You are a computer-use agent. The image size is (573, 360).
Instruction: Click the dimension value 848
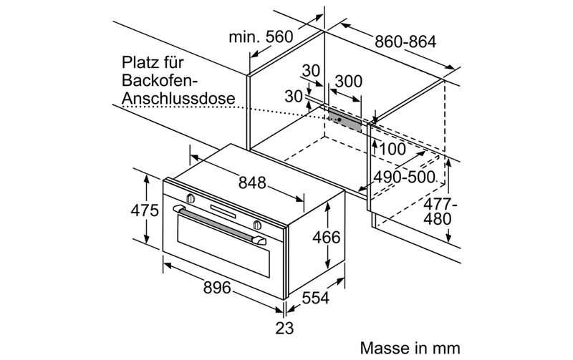pyautogui.click(x=252, y=183)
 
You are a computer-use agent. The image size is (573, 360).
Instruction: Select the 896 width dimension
pyautogui.click(x=217, y=288)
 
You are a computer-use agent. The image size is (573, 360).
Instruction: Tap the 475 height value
pyautogui.click(x=145, y=210)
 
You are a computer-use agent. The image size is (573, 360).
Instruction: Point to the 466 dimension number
pyautogui.click(x=327, y=238)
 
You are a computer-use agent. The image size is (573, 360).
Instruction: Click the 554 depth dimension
pyautogui.click(x=316, y=298)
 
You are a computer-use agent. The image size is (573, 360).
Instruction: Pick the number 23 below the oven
pyautogui.click(x=284, y=328)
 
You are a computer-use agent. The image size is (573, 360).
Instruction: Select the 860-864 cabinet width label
pyautogui.click(x=405, y=42)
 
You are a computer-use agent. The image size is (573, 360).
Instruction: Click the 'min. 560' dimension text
pyautogui.click(x=261, y=37)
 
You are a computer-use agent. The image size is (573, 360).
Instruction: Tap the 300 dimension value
pyautogui.click(x=349, y=81)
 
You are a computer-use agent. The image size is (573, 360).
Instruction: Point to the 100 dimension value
pyautogui.click(x=393, y=149)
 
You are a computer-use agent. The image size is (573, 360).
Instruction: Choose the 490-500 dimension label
pyautogui.click(x=404, y=177)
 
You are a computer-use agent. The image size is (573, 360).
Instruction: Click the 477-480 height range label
pyautogui.click(x=440, y=212)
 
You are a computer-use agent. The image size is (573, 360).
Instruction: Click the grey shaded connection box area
pyautogui.click(x=345, y=120)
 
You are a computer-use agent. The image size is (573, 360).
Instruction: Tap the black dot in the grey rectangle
pyautogui.click(x=340, y=119)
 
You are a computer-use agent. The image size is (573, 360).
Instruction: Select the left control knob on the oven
pyautogui.click(x=191, y=198)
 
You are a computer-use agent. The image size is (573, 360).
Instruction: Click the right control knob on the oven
pyautogui.click(x=257, y=225)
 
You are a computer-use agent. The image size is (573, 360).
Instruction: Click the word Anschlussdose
pyautogui.click(x=178, y=98)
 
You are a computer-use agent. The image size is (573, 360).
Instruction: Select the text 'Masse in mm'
pyautogui.click(x=410, y=348)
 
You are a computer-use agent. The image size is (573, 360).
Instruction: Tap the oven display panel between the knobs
pyautogui.click(x=223, y=211)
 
